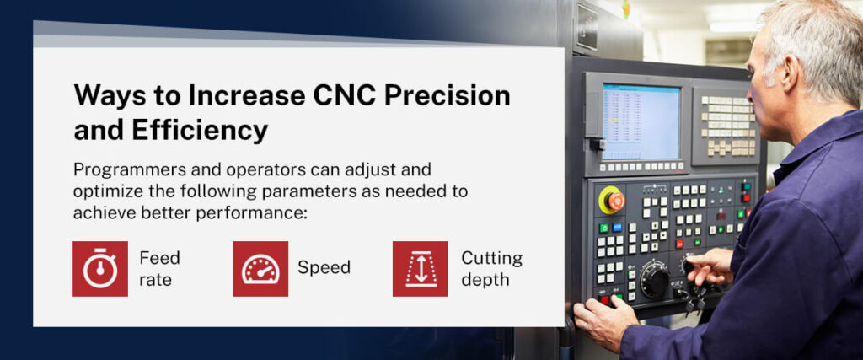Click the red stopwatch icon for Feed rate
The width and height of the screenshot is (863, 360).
100,269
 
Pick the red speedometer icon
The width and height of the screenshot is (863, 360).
260,269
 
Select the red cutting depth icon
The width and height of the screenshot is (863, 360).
420,269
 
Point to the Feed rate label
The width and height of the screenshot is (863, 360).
159,268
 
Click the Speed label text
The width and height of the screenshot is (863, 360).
324,268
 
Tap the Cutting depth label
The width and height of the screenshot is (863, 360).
491,268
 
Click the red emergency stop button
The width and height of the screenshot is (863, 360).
613,201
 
